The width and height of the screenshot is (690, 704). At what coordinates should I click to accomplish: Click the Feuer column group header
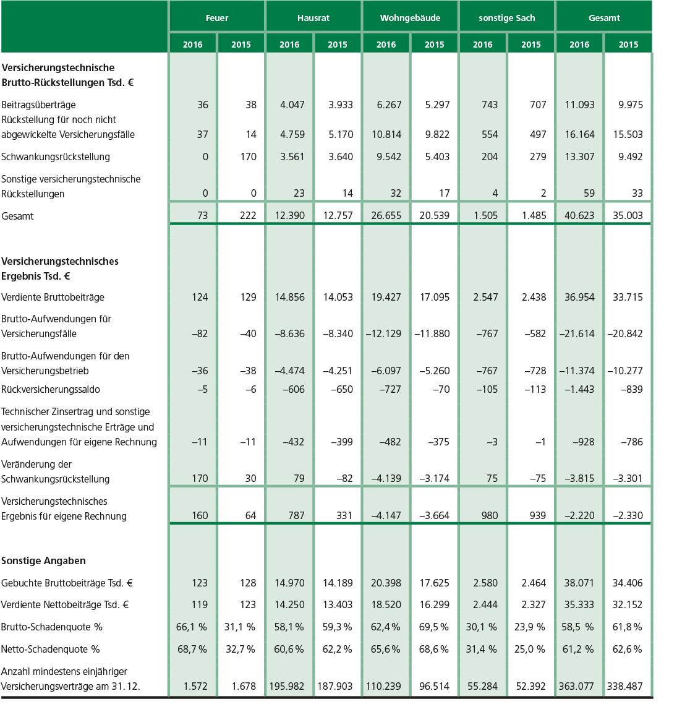coord(217,18)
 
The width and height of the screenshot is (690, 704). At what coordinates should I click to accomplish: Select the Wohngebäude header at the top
coord(410,18)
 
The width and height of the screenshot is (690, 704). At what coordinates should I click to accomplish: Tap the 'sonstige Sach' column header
coord(507,18)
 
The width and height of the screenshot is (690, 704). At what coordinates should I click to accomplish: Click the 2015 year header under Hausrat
coord(338,45)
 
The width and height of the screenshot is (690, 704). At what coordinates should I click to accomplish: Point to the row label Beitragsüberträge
coord(38,105)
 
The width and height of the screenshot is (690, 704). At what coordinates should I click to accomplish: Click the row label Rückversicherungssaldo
coord(51,389)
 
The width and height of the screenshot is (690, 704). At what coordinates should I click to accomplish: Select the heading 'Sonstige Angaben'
coord(43,560)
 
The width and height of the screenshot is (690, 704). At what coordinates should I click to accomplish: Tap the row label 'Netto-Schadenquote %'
coord(51,649)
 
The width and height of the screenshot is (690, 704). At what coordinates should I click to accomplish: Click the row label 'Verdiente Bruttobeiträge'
coord(53,297)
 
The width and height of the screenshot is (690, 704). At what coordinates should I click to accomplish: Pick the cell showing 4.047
coord(292,105)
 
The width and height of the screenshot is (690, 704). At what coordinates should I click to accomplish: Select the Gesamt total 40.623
coord(579,216)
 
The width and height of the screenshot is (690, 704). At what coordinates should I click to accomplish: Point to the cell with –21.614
coord(577,333)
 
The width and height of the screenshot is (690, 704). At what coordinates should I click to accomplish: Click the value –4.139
coord(386,478)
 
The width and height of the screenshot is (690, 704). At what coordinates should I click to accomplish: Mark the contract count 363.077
coord(576,686)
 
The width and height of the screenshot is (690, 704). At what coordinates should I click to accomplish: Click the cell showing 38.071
coord(579,583)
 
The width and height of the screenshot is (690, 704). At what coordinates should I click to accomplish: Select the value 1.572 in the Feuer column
coord(196,686)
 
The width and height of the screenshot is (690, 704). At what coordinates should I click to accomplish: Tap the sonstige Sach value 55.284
coord(482,686)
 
